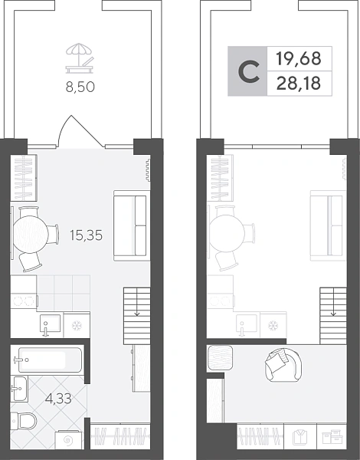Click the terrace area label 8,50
tap(80, 87)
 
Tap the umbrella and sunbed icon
tap(80, 58)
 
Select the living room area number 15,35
tap(87, 235)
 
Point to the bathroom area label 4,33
tap(59, 399)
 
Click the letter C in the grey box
tap(249, 72)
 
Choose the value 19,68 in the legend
tap(299, 58)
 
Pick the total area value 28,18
tap(299, 84)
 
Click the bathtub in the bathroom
tap(48, 360)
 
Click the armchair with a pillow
tap(283, 364)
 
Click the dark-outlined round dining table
tap(31, 234)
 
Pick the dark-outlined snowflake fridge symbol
tap(77, 325)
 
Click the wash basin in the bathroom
tap(19, 389)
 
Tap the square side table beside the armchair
tap(220, 357)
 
